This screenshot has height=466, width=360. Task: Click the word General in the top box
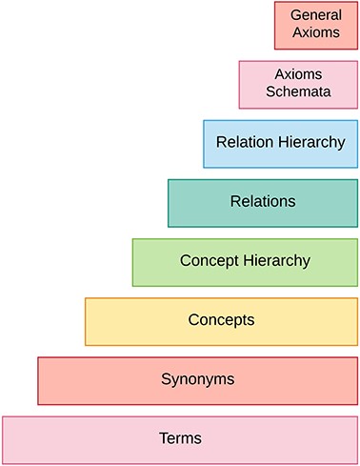click(x=315, y=15)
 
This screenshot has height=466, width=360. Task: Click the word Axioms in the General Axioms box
click(x=315, y=32)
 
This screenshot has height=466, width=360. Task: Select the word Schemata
click(x=298, y=92)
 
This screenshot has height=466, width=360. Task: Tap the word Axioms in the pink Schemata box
click(x=298, y=74)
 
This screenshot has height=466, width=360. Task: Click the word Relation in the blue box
click(x=244, y=142)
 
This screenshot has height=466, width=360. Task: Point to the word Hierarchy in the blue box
click(x=310, y=142)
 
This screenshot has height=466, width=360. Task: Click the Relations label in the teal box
click(x=263, y=201)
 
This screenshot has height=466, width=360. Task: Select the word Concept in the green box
click(x=210, y=260)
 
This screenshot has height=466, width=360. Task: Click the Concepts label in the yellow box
click(x=222, y=319)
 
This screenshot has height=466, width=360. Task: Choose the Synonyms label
click(x=198, y=379)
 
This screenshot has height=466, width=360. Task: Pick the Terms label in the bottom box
click(x=180, y=438)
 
